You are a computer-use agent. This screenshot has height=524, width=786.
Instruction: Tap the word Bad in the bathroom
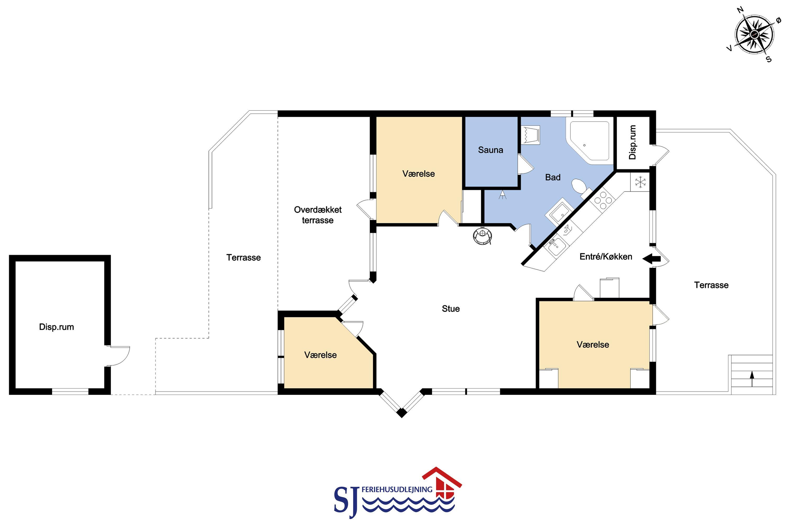click(x=553, y=177)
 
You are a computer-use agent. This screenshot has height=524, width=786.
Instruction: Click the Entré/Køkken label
click(x=606, y=257)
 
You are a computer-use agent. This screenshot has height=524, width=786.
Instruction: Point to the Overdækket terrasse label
click(x=318, y=215)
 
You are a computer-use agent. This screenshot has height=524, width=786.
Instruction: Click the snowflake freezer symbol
click(x=640, y=182)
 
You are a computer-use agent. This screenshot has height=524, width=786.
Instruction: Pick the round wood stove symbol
click(x=483, y=235)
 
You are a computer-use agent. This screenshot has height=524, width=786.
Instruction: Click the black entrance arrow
click(x=651, y=259)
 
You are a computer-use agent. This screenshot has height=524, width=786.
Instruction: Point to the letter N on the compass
click(x=740, y=10)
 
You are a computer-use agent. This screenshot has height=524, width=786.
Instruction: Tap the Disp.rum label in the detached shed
click(x=57, y=327)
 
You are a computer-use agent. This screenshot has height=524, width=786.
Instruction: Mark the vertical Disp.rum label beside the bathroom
click(x=632, y=142)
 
